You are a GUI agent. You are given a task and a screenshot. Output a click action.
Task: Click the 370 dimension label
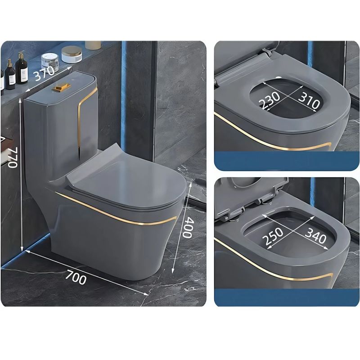click(x=45, y=73)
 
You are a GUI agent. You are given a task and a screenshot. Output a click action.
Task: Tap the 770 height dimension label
click(x=13, y=158)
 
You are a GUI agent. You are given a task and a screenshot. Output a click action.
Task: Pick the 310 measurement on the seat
click(x=309, y=100)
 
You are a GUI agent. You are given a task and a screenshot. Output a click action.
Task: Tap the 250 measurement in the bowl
click(x=273, y=236)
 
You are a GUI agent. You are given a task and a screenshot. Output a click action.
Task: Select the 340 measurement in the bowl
click(x=315, y=235)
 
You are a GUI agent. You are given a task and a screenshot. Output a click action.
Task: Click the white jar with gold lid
click(x=72, y=54)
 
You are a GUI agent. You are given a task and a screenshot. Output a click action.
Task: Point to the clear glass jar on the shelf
click(x=50, y=63)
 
